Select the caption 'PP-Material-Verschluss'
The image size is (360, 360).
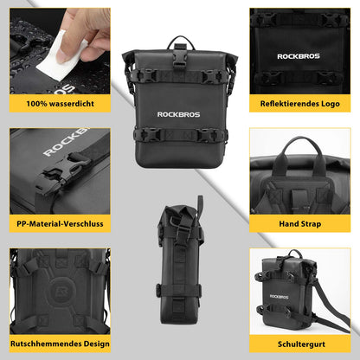tap(59, 222)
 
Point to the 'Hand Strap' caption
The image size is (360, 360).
tap(300, 222)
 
